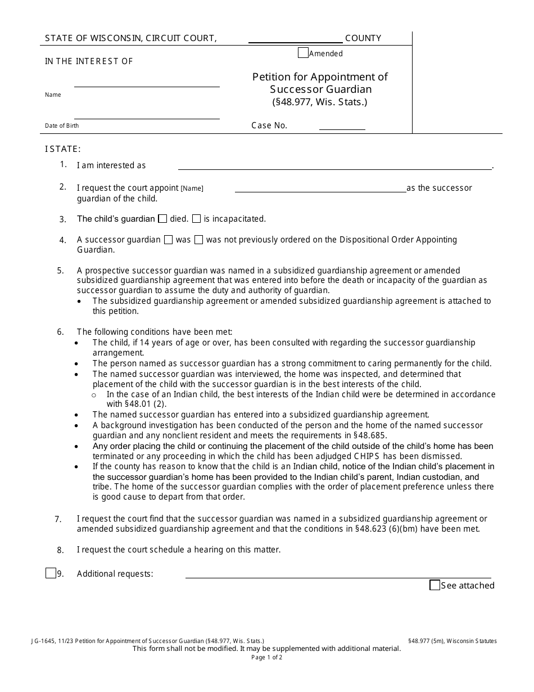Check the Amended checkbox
[303, 53]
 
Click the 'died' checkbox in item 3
[162, 219]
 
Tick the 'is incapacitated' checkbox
[196, 219]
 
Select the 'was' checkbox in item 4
[168, 240]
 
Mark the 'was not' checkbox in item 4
[198, 240]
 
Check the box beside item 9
[51, 573]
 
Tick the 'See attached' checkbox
[435, 585]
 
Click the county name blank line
[295, 39]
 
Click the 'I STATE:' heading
[63, 149]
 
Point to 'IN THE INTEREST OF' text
[89, 61]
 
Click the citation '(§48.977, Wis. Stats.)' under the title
[320, 102]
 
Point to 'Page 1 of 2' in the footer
[267, 657]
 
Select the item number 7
[58, 519]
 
